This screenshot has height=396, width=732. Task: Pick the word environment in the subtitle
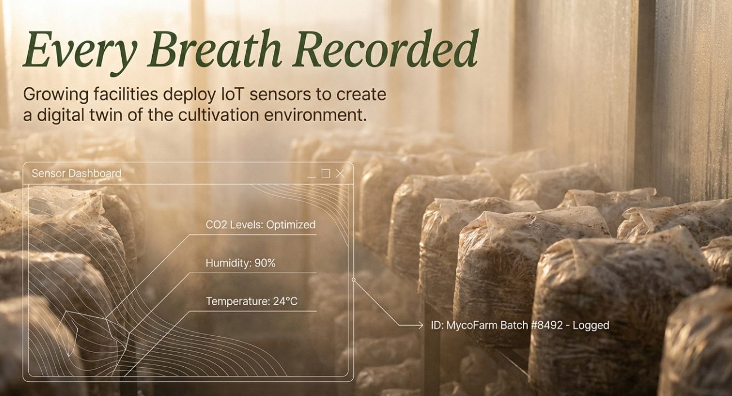[x=315, y=115]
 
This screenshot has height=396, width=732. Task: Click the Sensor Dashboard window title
[x=77, y=173]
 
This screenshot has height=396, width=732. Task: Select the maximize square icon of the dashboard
[x=326, y=173]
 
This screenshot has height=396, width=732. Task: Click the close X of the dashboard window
[x=340, y=173]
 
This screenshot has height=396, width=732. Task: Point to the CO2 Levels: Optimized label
[x=260, y=225]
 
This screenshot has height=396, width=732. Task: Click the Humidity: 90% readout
[x=241, y=263]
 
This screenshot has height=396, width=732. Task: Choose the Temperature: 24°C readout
[x=252, y=301]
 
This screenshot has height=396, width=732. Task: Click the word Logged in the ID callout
[x=591, y=326]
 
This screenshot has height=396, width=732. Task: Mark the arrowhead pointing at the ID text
[x=420, y=325]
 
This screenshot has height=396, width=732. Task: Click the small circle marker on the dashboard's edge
[x=353, y=280]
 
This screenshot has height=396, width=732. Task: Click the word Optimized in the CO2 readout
[x=291, y=225]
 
